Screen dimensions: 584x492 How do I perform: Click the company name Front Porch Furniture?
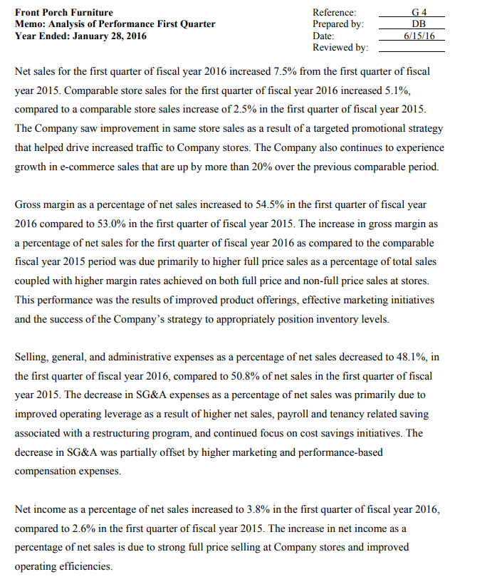point(63,12)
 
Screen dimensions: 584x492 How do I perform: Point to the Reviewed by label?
point(340,47)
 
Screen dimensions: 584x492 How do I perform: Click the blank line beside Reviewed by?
point(411,50)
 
